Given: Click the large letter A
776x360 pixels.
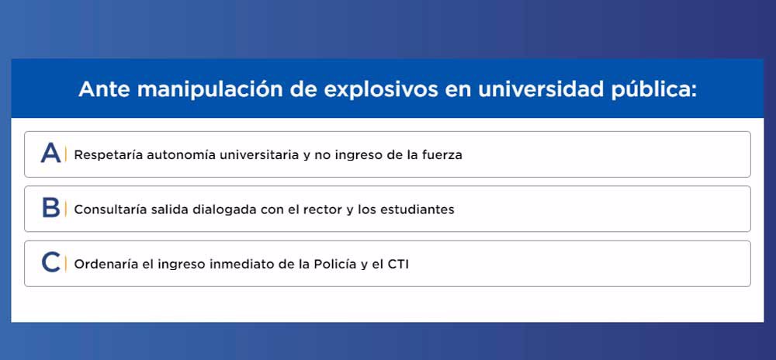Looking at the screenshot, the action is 50,153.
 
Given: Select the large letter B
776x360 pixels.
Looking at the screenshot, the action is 51,208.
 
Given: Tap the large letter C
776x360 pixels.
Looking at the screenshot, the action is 51,262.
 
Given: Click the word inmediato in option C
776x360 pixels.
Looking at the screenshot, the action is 241,264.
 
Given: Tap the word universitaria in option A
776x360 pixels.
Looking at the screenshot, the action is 259,154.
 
